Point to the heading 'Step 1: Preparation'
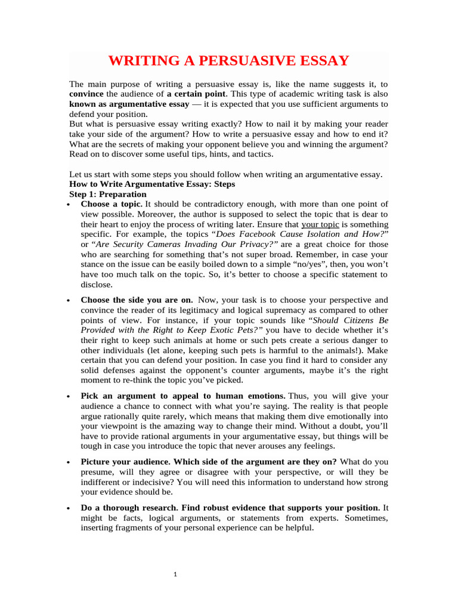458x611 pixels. pos(107,195)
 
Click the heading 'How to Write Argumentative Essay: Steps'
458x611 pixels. pos(152,184)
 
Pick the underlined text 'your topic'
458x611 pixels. pos(320,224)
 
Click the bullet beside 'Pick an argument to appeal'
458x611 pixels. pos(72,396)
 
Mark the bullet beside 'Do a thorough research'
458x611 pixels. pos(72,508)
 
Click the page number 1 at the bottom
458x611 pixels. pos(176,575)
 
